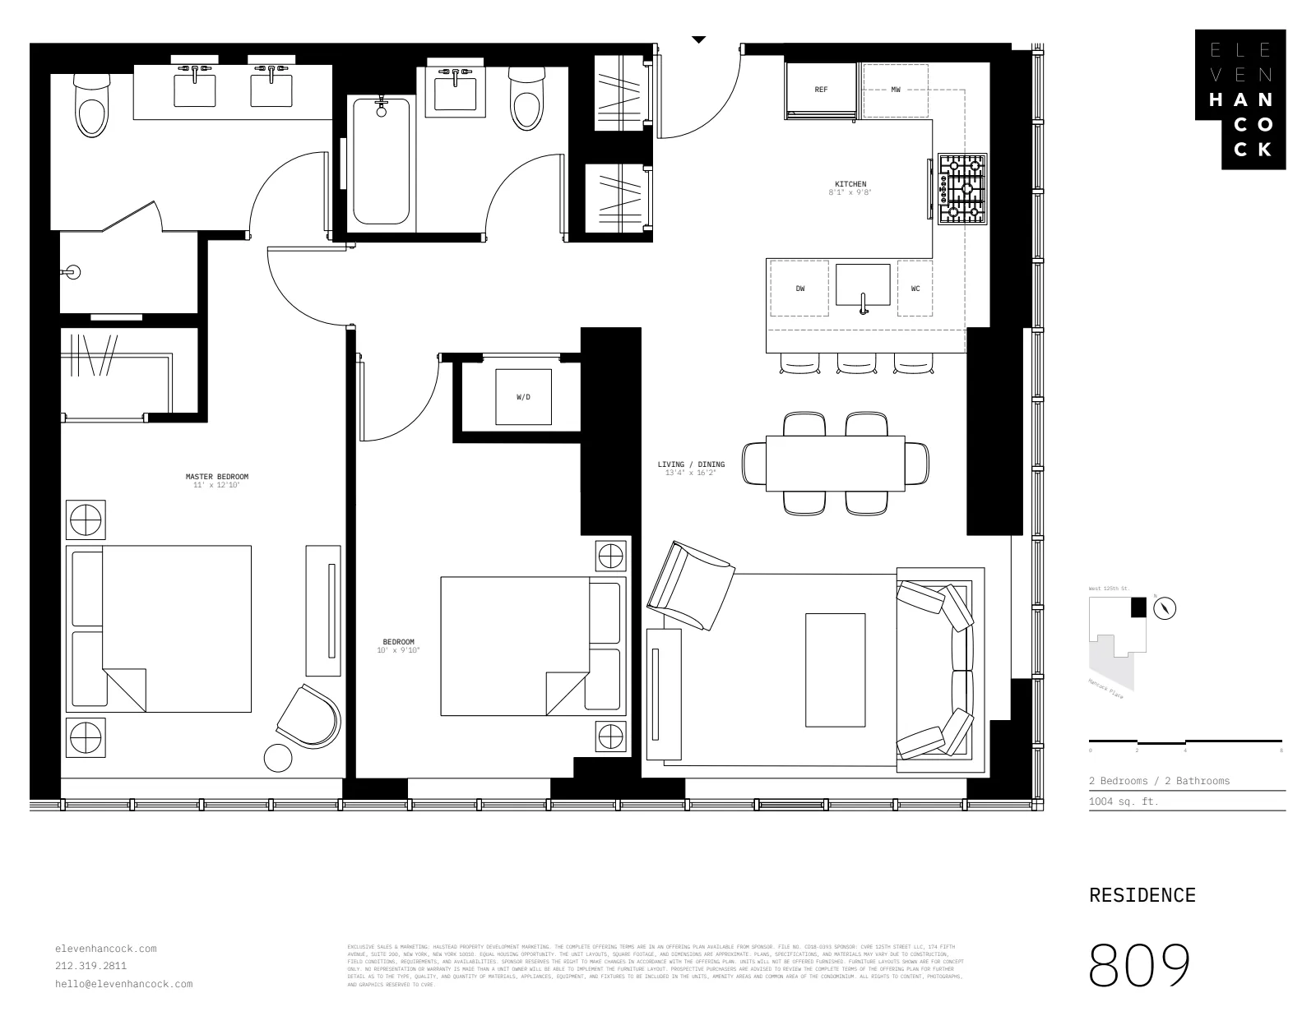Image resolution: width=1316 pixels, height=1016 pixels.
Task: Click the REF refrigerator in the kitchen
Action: click(x=821, y=90)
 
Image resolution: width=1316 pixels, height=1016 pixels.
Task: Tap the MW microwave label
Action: click(x=896, y=90)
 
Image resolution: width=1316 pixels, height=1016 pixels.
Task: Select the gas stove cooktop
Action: click(x=962, y=188)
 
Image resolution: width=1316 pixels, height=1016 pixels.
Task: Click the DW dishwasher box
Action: click(x=799, y=289)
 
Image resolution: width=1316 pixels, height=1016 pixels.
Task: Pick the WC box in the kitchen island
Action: click(x=915, y=289)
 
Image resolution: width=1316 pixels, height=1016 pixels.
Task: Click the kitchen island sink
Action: click(x=863, y=285)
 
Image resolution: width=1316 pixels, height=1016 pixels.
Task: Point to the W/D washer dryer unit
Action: click(x=523, y=397)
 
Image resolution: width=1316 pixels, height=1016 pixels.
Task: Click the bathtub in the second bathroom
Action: click(x=381, y=160)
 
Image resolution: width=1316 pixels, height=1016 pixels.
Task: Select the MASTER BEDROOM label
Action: click(x=216, y=477)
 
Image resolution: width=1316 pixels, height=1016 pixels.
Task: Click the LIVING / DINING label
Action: click(x=691, y=464)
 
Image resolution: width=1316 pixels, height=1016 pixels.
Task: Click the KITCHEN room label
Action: click(x=850, y=184)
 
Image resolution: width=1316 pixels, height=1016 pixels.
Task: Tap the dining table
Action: click(x=835, y=464)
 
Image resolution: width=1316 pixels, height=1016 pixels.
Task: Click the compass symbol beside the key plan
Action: click(x=1165, y=608)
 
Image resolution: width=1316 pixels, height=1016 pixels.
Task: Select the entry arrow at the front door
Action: click(x=698, y=39)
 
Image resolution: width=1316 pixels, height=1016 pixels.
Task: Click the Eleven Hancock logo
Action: click(x=1241, y=99)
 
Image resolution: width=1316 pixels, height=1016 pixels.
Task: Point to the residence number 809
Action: click(x=1139, y=965)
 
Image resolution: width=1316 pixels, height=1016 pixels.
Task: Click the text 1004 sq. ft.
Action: click(x=1123, y=801)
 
